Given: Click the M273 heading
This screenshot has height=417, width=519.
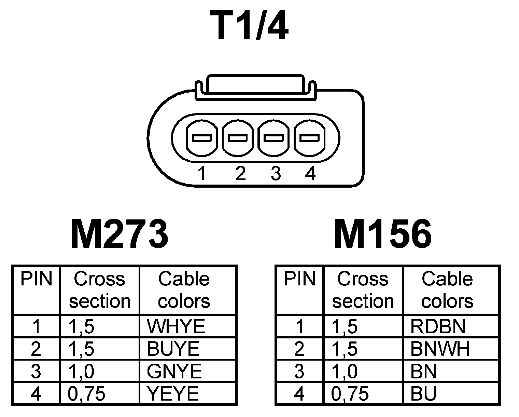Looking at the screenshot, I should [119, 234].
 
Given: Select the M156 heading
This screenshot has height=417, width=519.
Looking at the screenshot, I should [382, 234].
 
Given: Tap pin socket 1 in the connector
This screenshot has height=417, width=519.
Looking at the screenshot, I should [202, 138].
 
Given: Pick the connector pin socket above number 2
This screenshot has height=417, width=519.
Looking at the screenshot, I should [238, 138].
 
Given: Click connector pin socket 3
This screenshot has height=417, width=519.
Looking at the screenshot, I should [274, 138].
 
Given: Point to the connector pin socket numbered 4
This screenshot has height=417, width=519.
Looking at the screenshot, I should [309, 138].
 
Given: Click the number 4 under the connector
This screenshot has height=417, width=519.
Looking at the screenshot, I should [310, 174].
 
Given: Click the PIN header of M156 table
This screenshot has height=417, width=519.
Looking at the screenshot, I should [299, 280].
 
